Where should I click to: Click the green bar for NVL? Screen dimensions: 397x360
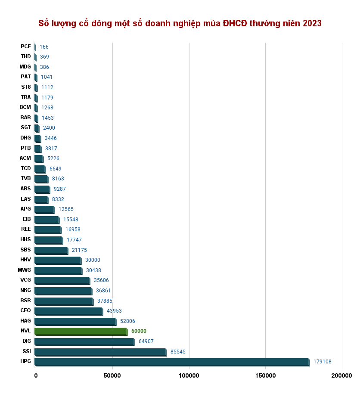(x=81, y=331)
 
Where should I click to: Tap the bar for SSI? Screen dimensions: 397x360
(x=100, y=352)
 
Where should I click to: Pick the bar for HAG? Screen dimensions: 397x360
(x=75, y=321)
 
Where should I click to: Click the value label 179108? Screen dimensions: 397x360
(x=323, y=362)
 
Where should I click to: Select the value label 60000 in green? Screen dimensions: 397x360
(x=139, y=331)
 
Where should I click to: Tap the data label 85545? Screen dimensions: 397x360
(x=178, y=352)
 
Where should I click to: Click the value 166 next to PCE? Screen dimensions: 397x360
(x=44, y=47)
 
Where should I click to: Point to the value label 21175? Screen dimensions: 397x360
(x=79, y=250)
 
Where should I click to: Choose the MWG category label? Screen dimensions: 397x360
(x=25, y=270)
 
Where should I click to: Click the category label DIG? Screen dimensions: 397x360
(x=26, y=341)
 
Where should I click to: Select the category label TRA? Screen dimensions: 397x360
(x=26, y=97)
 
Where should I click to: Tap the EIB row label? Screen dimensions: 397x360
(x=27, y=219)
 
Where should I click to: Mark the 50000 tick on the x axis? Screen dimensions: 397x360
(x=112, y=376)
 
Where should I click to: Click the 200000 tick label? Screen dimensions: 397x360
(x=341, y=376)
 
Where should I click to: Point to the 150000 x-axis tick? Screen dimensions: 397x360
(x=265, y=376)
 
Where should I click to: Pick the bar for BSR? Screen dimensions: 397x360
(x=63, y=301)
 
